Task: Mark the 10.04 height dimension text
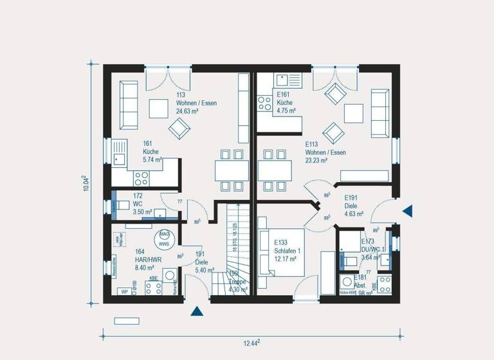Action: tap(87, 183)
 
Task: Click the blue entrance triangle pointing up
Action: tap(197, 312)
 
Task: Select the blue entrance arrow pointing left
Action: tap(407, 210)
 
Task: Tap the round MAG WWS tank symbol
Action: tap(164, 239)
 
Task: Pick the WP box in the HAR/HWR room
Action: tap(123, 291)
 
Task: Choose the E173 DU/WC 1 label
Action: tap(372, 249)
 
